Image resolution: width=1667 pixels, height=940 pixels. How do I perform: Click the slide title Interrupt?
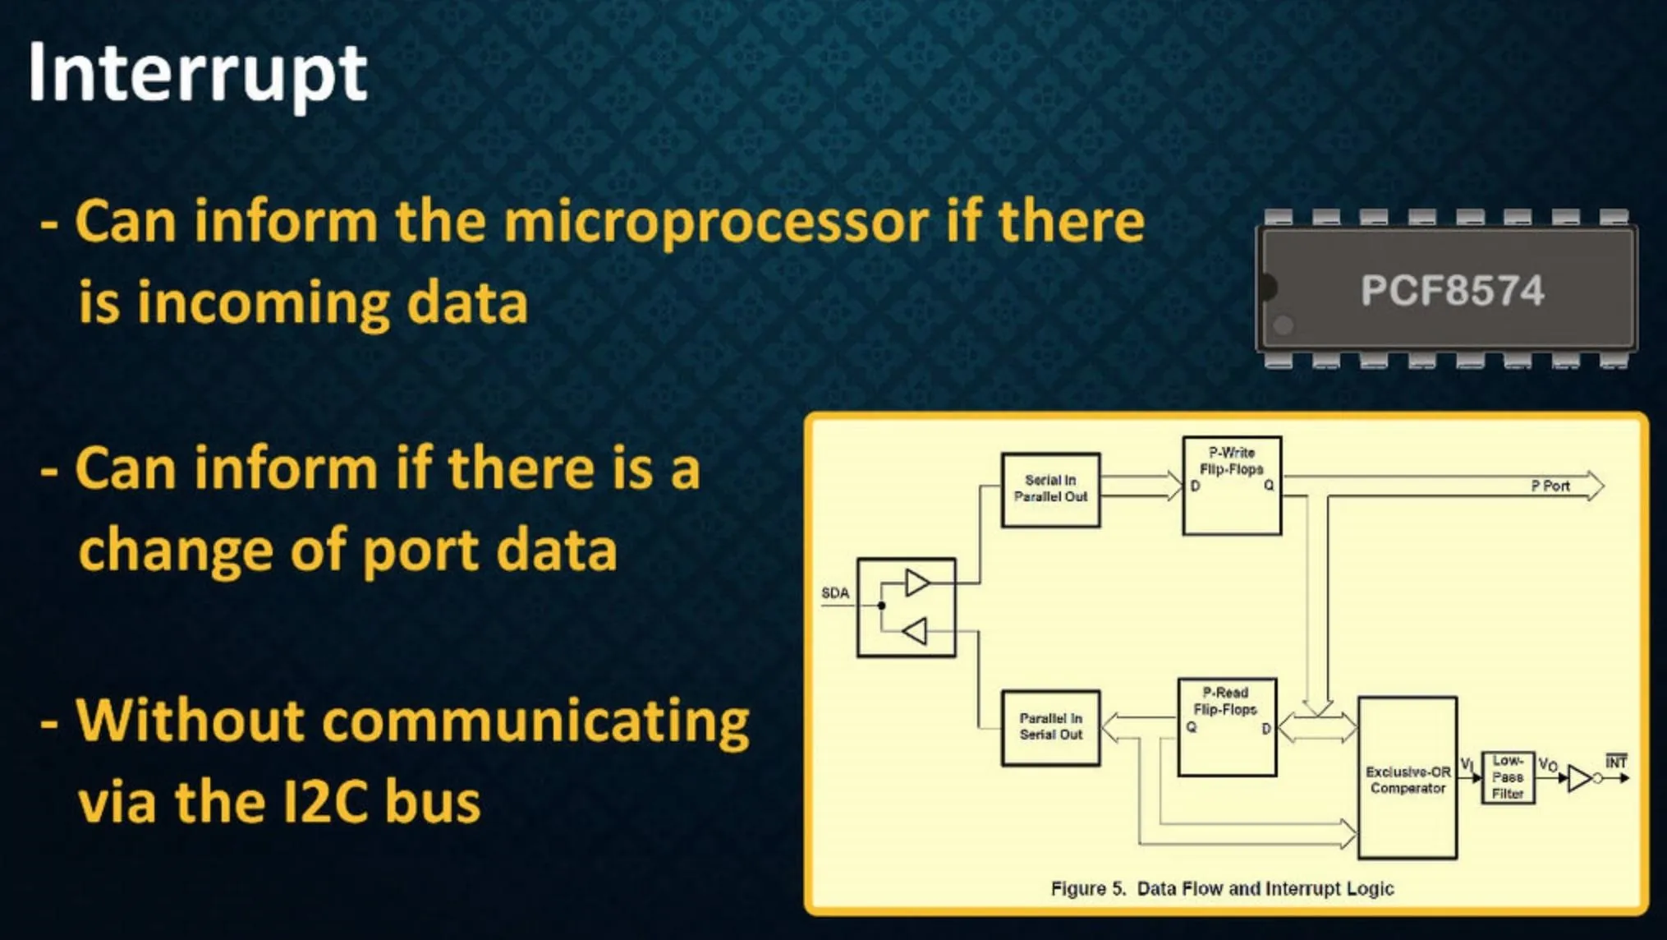pyautogui.click(x=197, y=74)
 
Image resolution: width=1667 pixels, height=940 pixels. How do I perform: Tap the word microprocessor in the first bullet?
pyautogui.click(x=715, y=223)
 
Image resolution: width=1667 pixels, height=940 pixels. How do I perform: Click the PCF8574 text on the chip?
pyautogui.click(x=1452, y=290)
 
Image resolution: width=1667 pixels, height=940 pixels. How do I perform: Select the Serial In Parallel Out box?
pyautogui.click(x=1050, y=490)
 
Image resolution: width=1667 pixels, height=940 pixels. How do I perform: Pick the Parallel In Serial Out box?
pyautogui.click(x=1050, y=728)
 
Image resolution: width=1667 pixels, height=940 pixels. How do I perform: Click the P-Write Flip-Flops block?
pyautogui.click(x=1232, y=486)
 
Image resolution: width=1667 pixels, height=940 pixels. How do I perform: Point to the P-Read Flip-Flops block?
pyautogui.click(x=1227, y=727)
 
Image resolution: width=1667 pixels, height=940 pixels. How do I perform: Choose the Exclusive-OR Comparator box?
pyautogui.click(x=1408, y=777)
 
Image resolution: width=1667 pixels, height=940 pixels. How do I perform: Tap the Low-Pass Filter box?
pyautogui.click(x=1508, y=777)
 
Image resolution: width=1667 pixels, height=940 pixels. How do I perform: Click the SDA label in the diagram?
pyautogui.click(x=835, y=593)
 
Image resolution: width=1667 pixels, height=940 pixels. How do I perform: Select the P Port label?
pyautogui.click(x=1550, y=486)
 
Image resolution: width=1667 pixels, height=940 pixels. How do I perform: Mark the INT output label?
pyautogui.click(x=1616, y=762)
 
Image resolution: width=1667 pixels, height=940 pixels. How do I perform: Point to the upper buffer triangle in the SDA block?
pyautogui.click(x=917, y=583)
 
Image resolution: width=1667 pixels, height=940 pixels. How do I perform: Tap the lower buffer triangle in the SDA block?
pyautogui.click(x=915, y=631)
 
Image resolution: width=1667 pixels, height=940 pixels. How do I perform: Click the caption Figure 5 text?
pyautogui.click(x=1222, y=888)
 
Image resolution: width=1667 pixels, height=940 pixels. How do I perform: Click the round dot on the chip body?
pyautogui.click(x=1283, y=325)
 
